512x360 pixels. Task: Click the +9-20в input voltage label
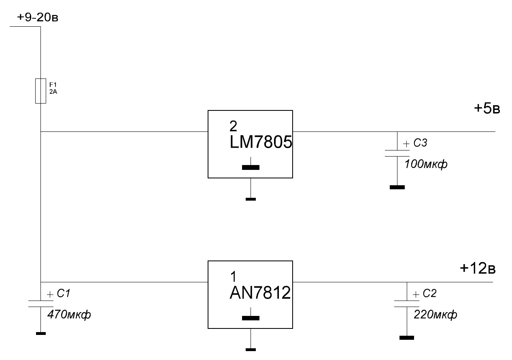point(38,18)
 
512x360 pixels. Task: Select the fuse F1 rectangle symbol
point(40,91)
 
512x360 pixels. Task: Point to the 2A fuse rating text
point(53,91)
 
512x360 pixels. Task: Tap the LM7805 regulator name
point(261,143)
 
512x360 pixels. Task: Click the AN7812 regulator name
point(260,293)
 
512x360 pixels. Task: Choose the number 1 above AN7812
point(233,277)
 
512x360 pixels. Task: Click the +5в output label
point(487,109)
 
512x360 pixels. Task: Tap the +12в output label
point(478,268)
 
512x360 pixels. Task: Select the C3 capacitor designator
point(420,143)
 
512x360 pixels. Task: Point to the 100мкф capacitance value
point(426,165)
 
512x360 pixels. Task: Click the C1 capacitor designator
point(64,294)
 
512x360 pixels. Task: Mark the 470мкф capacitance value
point(69,314)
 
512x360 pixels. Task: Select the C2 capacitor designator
point(429,294)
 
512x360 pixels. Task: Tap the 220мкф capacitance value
point(436,315)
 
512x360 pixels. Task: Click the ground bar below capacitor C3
point(397,187)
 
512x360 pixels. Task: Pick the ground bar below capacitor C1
point(40,333)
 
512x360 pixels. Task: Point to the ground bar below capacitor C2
point(407,338)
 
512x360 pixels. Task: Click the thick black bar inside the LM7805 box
point(251,167)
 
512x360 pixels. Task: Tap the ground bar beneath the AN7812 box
point(251,349)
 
